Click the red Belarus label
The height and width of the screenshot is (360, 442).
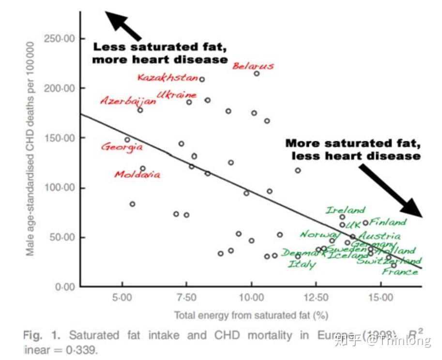pyautogui.click(x=253, y=66)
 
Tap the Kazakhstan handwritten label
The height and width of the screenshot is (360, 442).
pyautogui.click(x=168, y=77)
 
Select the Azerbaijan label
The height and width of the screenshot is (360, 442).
pyautogui.click(x=128, y=101)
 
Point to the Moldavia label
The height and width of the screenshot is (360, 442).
pyautogui.click(x=137, y=174)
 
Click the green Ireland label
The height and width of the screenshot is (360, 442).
pyautogui.click(x=345, y=210)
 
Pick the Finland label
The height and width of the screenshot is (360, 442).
pyautogui.click(x=388, y=222)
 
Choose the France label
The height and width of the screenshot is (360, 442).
pyautogui.click(x=400, y=271)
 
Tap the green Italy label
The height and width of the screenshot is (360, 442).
pyautogui.click(x=302, y=264)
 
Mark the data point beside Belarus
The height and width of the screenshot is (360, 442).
pyautogui.click(x=257, y=74)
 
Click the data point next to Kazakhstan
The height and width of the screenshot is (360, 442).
pyautogui.click(x=202, y=79)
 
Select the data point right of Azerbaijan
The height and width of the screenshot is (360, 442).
pyautogui.click(x=140, y=110)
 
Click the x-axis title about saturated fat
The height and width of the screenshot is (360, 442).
pyautogui.click(x=251, y=315)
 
